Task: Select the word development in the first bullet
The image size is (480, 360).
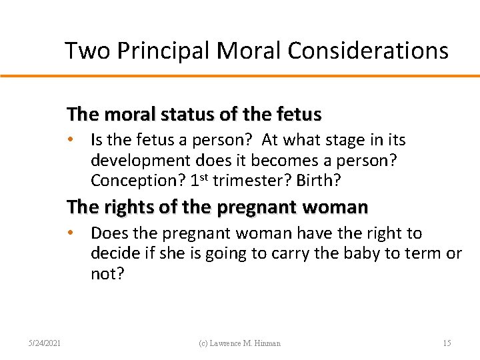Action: pyautogui.click(x=139, y=161)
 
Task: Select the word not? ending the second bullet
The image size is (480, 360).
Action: pyautogui.click(x=107, y=274)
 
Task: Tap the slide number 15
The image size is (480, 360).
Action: pyautogui.click(x=447, y=343)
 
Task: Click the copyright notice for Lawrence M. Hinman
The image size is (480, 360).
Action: pyautogui.click(x=240, y=343)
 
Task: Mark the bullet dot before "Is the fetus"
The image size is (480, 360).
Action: pyautogui.click(x=79, y=141)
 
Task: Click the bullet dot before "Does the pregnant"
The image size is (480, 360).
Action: pyautogui.click(x=79, y=233)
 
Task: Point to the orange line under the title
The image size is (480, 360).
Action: pyautogui.click(x=240, y=76)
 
